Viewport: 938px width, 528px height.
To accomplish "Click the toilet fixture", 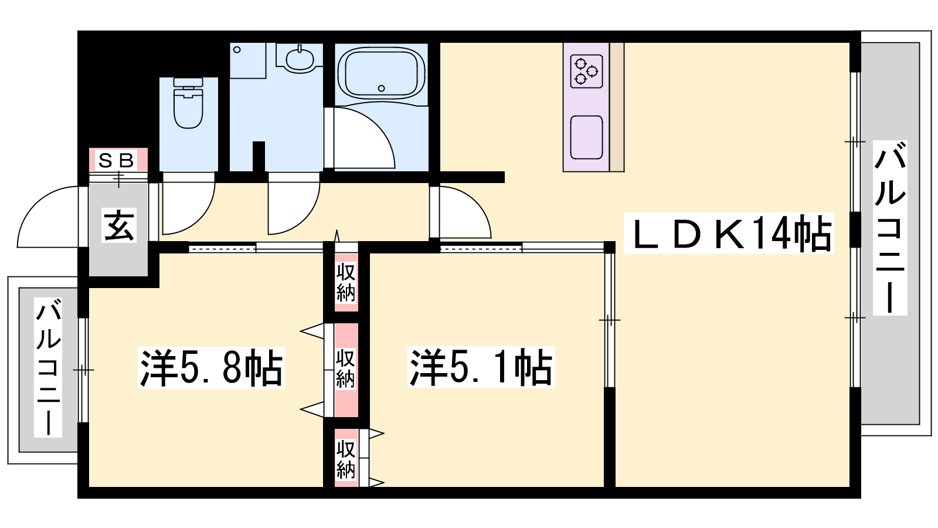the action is pyautogui.click(x=188, y=103).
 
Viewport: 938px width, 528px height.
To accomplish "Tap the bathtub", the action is pyautogui.click(x=381, y=74).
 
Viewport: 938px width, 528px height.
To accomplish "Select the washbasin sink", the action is pyautogui.click(x=300, y=59).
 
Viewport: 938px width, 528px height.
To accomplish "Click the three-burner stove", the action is pyautogui.click(x=586, y=72).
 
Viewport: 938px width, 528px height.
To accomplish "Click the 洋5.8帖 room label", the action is pyautogui.click(x=212, y=367).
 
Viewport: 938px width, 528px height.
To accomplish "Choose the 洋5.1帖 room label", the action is pyautogui.click(x=481, y=367).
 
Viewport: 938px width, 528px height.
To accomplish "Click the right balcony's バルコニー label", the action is pyautogui.click(x=890, y=228).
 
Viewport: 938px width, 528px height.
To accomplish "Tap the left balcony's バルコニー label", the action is pyautogui.click(x=48, y=367).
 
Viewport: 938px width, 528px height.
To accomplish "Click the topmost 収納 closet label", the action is pyautogui.click(x=346, y=282).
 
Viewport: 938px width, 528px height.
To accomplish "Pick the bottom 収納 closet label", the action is pyautogui.click(x=346, y=459).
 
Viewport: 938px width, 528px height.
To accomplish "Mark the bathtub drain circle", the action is pyautogui.click(x=381, y=89).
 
